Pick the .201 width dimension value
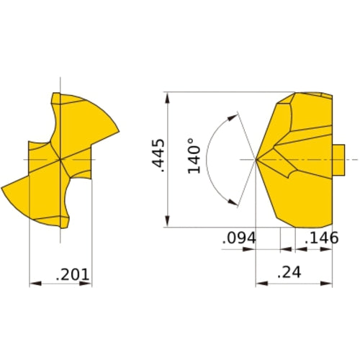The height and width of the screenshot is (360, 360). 72,274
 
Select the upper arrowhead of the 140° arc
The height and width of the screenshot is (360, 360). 235,113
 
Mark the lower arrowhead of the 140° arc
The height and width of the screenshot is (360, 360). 235,203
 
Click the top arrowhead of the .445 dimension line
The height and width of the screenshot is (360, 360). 167,96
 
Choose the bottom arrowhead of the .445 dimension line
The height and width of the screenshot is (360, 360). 167,223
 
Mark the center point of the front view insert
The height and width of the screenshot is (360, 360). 60,158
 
